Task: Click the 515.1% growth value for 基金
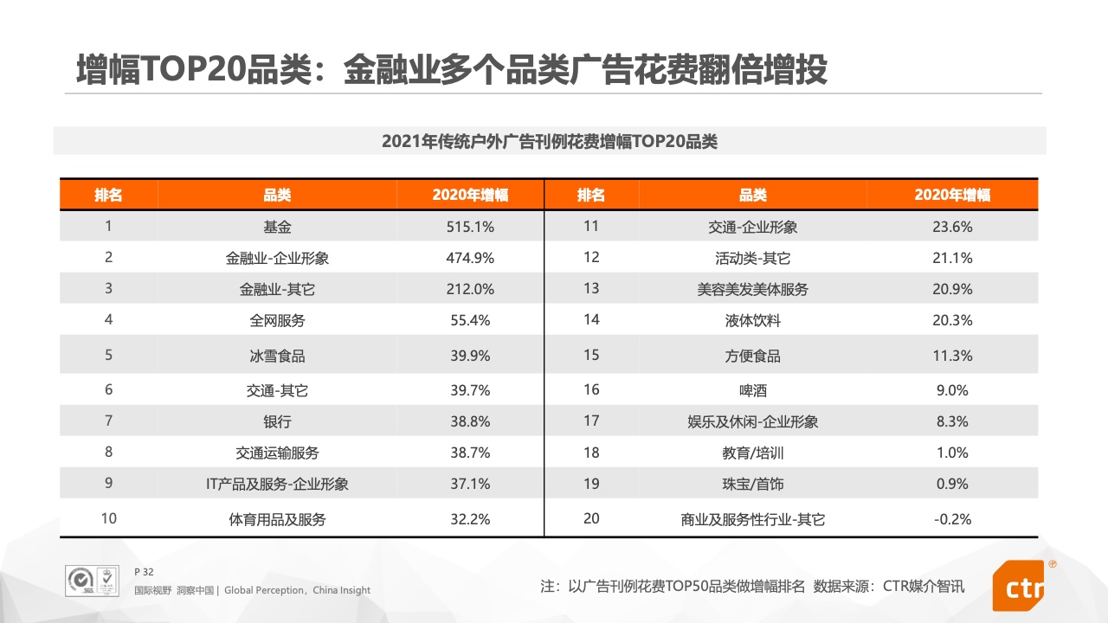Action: click(471, 227)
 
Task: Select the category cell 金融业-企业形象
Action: click(277, 258)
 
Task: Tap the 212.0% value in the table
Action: click(471, 289)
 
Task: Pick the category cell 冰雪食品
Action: click(277, 356)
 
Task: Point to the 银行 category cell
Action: click(277, 422)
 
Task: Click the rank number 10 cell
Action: click(108, 519)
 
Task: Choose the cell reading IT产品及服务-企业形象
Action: click(277, 485)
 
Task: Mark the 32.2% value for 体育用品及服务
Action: click(471, 519)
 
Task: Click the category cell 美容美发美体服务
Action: click(752, 289)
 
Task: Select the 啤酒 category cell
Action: click(752, 390)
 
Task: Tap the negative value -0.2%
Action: click(952, 519)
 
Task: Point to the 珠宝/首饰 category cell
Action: click(752, 485)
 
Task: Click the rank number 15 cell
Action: click(591, 356)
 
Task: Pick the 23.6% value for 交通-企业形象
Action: click(952, 227)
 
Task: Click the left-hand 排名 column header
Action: click(108, 195)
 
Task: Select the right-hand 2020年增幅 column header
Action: click(952, 195)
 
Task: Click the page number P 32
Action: click(144, 572)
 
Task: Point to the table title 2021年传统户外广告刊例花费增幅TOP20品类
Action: click(550, 141)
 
